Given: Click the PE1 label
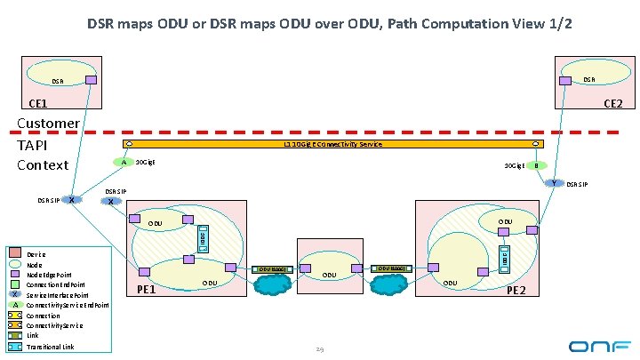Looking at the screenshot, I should click(x=148, y=290).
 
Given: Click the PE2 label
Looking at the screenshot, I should click(x=516, y=291).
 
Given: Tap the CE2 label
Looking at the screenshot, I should click(x=612, y=105).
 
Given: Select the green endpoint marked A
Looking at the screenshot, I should click(x=124, y=163).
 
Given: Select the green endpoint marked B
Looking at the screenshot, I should click(x=535, y=165).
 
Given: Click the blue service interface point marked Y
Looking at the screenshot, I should click(x=553, y=183).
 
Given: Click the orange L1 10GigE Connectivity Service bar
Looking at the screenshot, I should click(x=333, y=143).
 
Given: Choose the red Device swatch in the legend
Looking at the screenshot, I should click(x=13, y=254).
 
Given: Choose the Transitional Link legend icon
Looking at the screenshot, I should click(x=13, y=347).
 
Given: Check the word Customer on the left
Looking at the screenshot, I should click(x=49, y=124).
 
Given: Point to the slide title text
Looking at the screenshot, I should click(x=330, y=24).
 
